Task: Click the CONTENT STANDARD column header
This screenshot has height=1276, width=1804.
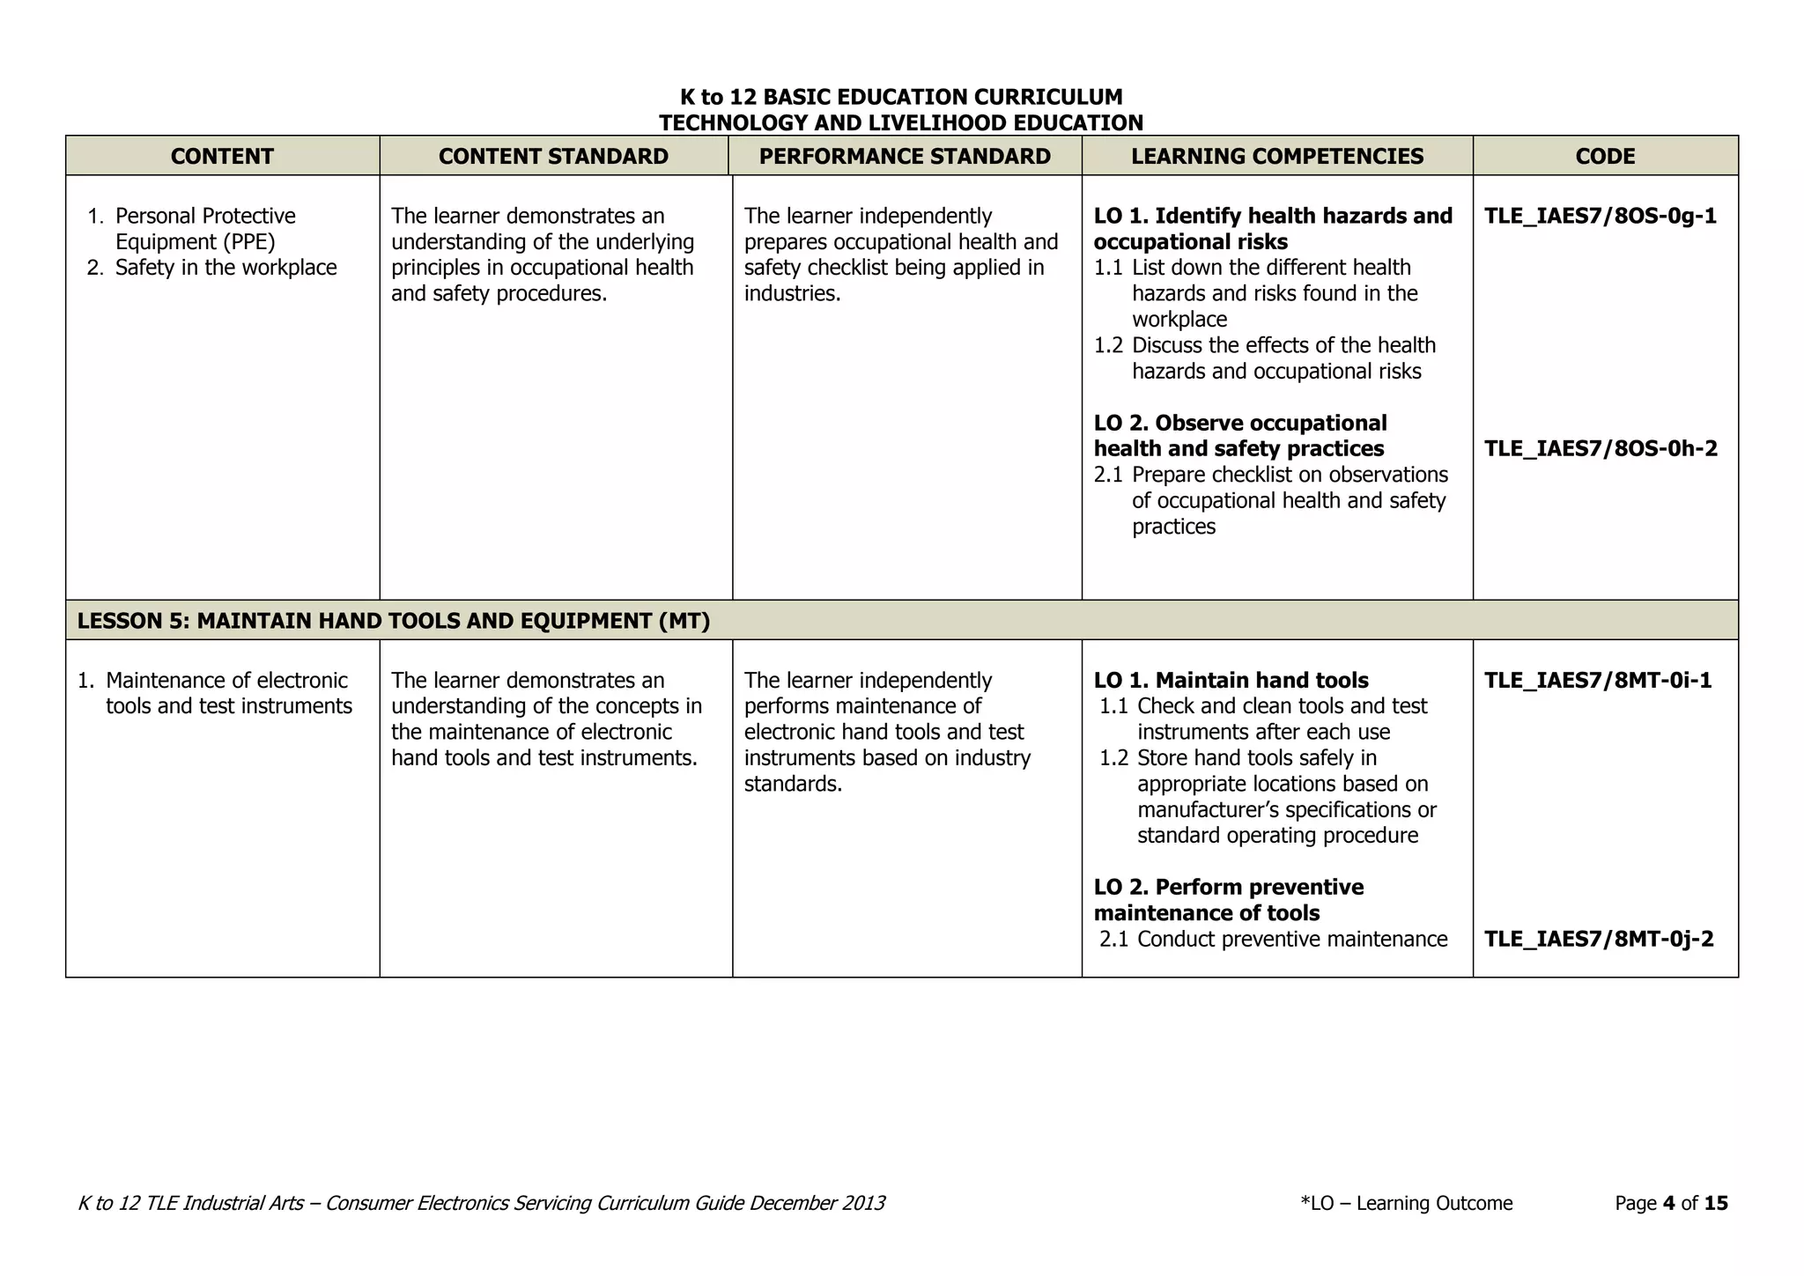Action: click(553, 156)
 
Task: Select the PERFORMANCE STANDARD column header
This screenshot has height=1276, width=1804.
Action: click(905, 156)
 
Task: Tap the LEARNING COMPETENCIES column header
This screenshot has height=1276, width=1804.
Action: click(1276, 156)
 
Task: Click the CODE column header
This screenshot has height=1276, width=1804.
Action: click(1605, 156)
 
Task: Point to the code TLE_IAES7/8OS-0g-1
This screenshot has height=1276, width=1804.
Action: click(1600, 216)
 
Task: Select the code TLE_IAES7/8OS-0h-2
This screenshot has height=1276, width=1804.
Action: click(1600, 448)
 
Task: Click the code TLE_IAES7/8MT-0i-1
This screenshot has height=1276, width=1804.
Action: click(1598, 680)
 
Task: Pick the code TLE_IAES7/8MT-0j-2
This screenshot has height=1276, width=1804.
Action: click(1599, 939)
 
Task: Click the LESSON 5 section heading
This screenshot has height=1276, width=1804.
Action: click(393, 621)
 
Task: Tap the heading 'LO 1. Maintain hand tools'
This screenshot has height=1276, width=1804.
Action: click(1231, 680)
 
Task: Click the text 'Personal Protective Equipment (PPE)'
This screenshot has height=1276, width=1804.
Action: click(204, 228)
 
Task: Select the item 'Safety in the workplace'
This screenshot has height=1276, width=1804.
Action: click(225, 268)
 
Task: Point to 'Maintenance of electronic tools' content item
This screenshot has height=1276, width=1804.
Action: click(227, 693)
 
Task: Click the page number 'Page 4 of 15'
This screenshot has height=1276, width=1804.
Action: click(1671, 1203)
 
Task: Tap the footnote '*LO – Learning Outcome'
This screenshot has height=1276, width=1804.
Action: click(1406, 1203)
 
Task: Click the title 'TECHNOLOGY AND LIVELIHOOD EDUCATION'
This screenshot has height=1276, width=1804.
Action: click(901, 122)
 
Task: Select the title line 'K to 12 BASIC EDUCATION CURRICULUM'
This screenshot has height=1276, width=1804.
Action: click(901, 97)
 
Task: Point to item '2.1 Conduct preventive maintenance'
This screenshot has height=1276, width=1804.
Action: click(1273, 939)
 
